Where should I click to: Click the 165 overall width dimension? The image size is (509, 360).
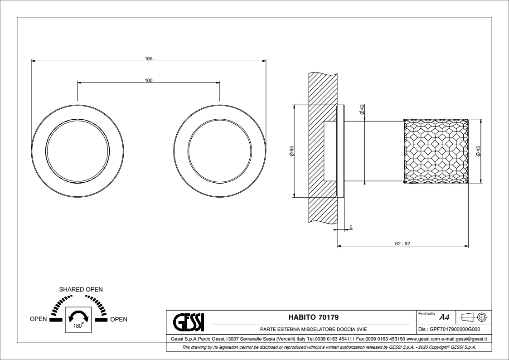pyautogui.click(x=149, y=58)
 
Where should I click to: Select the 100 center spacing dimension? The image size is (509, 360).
pyautogui.click(x=149, y=80)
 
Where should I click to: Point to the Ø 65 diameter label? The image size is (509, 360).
pyautogui.click(x=292, y=151)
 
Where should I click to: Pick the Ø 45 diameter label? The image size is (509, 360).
pyautogui.click(x=478, y=151)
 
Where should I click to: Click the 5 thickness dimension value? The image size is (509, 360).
pyautogui.click(x=350, y=227)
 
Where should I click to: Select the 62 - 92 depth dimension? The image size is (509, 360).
pyautogui.click(x=402, y=243)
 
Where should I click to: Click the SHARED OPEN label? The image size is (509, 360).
pyautogui.click(x=81, y=289)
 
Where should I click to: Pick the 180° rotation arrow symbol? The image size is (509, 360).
pyautogui.click(x=80, y=316)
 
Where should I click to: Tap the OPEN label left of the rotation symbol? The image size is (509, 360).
pyautogui.click(x=39, y=319)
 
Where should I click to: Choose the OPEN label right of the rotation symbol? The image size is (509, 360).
pyautogui.click(x=119, y=319)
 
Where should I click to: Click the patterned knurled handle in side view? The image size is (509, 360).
pyautogui.click(x=436, y=151)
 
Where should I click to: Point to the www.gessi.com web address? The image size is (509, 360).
pyautogui.click(x=420, y=339)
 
